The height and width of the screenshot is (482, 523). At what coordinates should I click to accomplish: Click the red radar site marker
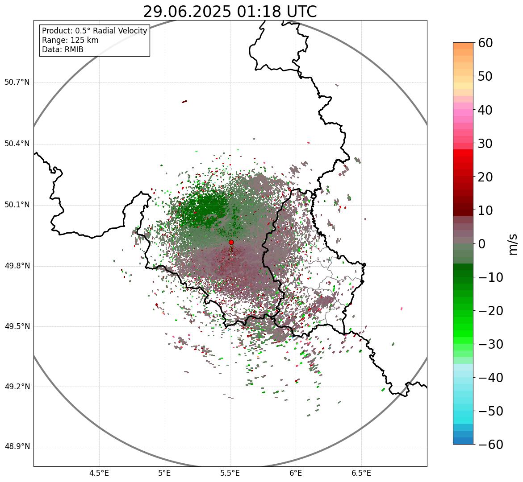(231, 242)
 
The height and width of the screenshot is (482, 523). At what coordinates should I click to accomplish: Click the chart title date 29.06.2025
(187, 12)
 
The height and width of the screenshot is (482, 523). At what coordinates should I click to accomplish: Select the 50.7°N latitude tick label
(17, 82)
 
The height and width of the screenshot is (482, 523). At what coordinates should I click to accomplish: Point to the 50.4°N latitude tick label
(17, 144)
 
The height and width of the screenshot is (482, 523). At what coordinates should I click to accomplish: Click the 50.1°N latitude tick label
(17, 205)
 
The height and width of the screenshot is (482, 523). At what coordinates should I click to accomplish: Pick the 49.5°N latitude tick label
(17, 326)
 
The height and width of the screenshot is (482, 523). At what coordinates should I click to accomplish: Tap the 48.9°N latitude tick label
(17, 447)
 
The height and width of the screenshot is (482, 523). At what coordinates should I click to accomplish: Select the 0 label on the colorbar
(482, 244)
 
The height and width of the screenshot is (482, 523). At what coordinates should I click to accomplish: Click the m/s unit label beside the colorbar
(513, 244)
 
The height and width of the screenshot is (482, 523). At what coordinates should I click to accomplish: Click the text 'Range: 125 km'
(70, 40)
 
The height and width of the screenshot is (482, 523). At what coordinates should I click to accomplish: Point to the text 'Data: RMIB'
(63, 49)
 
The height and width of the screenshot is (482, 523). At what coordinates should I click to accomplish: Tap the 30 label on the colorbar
(486, 144)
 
